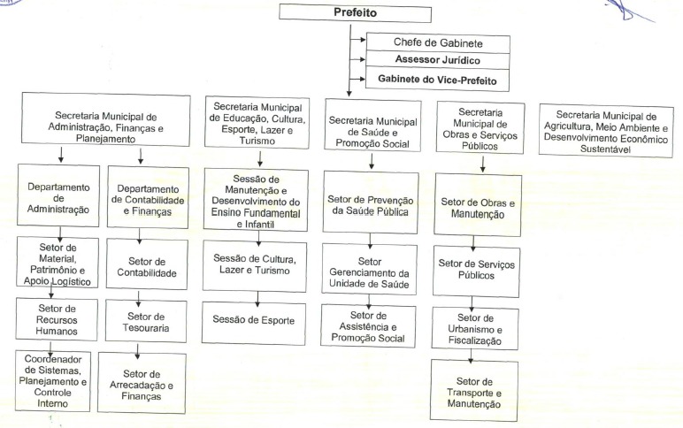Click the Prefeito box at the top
tap(355, 12)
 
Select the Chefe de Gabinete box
tap(438, 43)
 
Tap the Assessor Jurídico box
tap(437, 60)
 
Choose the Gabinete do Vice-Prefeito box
tap(437, 80)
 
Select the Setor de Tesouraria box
tap(146, 321)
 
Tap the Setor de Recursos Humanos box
tap(57, 319)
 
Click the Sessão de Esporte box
tap(254, 323)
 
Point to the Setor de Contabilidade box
tap(147, 264)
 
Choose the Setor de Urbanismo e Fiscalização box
tap(475, 328)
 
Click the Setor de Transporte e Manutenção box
tap(474, 391)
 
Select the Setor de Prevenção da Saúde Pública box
tap(371, 203)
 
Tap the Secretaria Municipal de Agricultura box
tap(606, 130)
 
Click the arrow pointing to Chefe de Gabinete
tap(358, 40)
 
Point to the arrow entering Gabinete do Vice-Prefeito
tap(358, 79)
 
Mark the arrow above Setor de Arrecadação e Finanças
tap(137, 351)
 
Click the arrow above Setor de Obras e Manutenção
tap(483, 164)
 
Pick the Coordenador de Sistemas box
tap(53, 381)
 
